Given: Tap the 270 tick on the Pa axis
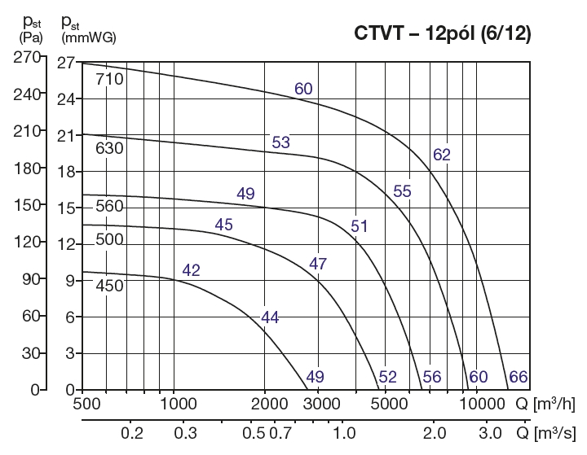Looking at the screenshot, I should click(x=27, y=57).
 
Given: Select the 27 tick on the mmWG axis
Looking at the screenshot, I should click(x=64, y=63).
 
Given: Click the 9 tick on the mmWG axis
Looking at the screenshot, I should click(x=69, y=281).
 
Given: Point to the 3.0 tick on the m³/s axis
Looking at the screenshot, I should click(x=490, y=431).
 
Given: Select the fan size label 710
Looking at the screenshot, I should click(x=108, y=80).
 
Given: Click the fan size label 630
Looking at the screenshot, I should click(x=108, y=149).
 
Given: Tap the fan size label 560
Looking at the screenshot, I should click(x=108, y=206).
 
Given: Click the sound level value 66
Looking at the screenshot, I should click(x=518, y=376).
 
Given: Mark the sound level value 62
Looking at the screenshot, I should click(x=442, y=155).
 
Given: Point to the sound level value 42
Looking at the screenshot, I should click(x=191, y=270).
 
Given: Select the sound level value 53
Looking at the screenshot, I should click(x=280, y=143).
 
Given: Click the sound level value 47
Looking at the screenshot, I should click(x=318, y=263).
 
